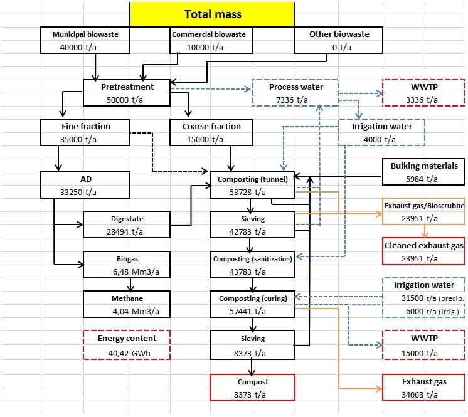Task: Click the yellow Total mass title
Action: click(x=212, y=14)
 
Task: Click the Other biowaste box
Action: click(x=339, y=41)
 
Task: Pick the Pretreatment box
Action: click(x=127, y=93)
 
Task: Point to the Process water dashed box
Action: click(x=295, y=93)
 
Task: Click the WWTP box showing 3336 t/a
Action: click(x=425, y=93)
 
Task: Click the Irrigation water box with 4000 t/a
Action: click(x=381, y=132)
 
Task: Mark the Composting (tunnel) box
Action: click(x=251, y=185)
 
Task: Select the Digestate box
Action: click(x=127, y=224)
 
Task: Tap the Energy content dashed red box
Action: click(x=127, y=344)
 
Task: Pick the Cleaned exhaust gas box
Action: click(x=425, y=251)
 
